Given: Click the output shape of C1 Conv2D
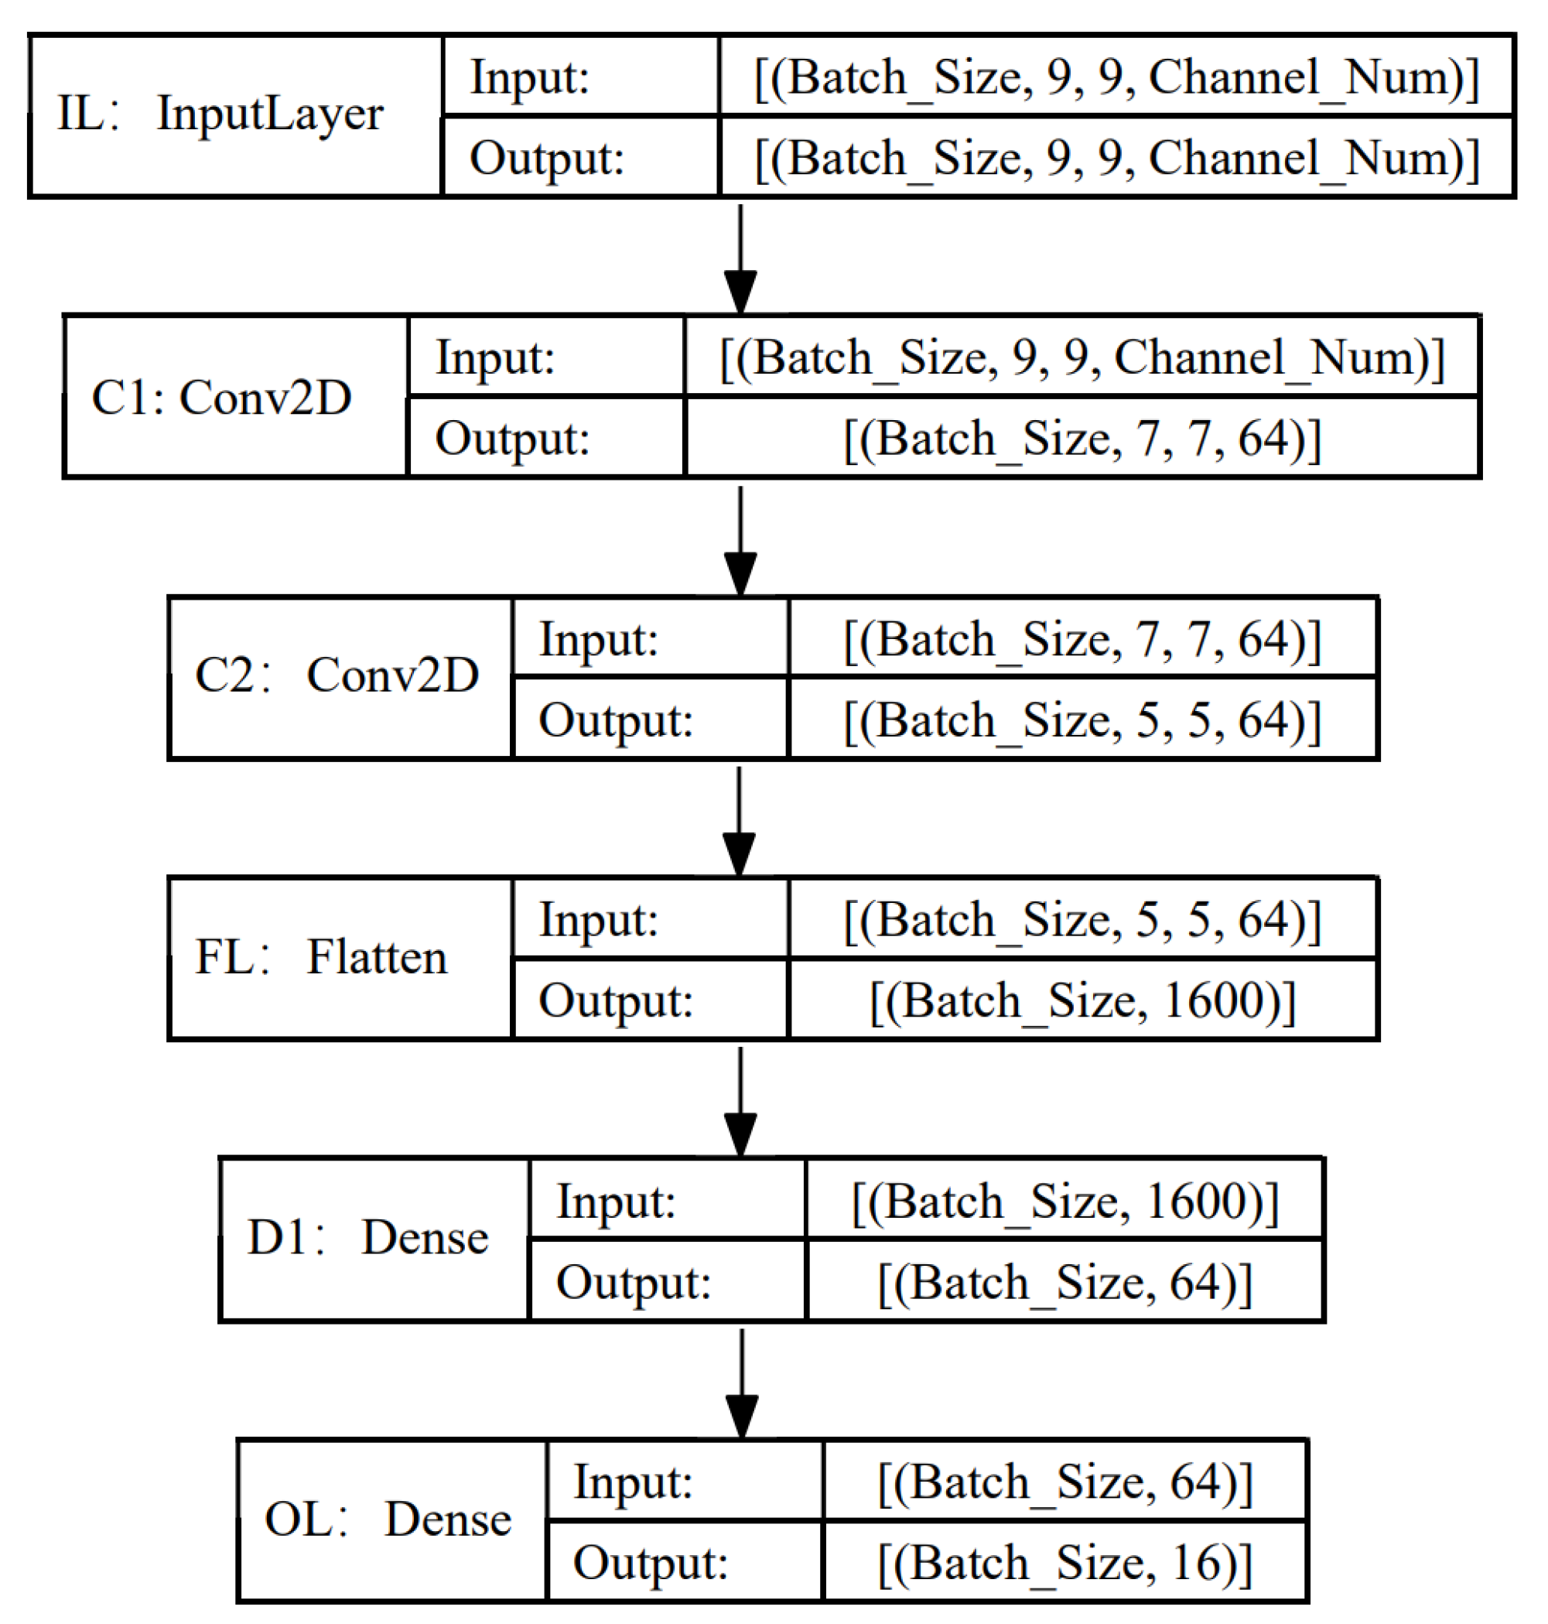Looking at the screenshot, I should click(x=1082, y=437).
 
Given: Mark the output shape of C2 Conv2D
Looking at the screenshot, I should click(x=1082, y=719).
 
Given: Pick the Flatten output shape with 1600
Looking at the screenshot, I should click(x=1082, y=1000).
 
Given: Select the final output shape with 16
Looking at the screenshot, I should click(x=1064, y=1562).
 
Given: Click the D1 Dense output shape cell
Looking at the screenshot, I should click(x=1064, y=1281).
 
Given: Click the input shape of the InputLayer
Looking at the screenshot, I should click(x=1116, y=77).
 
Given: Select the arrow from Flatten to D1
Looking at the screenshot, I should click(x=740, y=1101).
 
